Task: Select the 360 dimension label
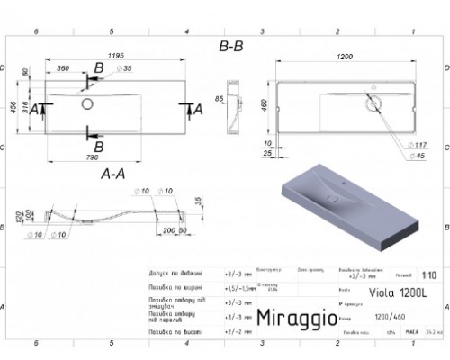[x=64, y=69]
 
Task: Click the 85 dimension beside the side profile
[x=220, y=99]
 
